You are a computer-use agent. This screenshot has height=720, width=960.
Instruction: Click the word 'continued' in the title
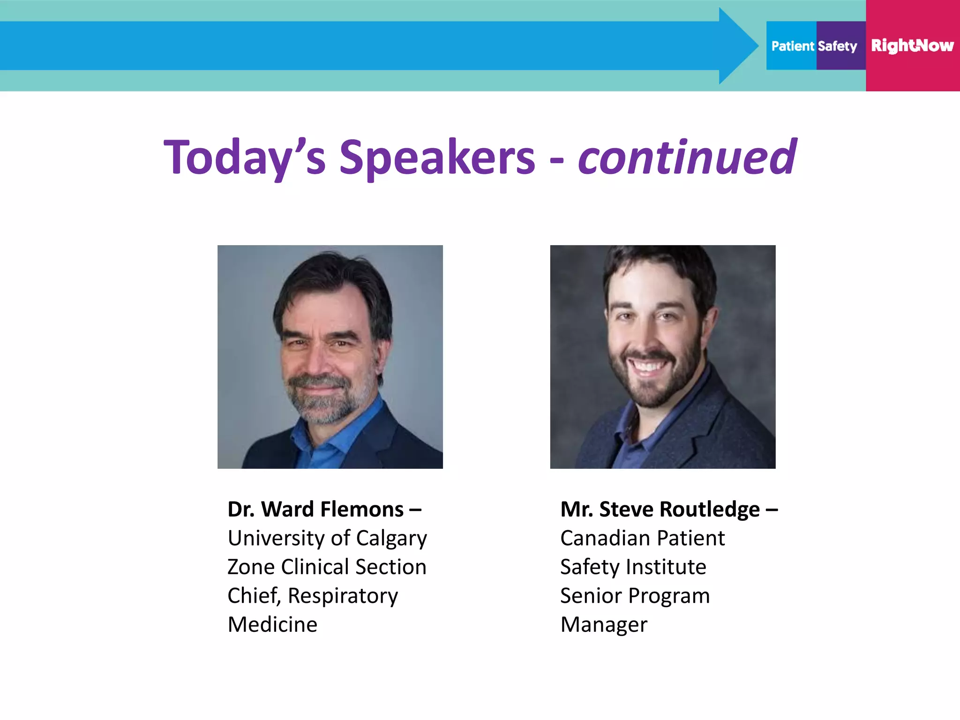tap(687, 157)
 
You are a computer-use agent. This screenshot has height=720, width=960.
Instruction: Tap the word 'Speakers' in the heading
tap(437, 158)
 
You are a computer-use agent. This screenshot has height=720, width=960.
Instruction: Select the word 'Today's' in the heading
tap(244, 158)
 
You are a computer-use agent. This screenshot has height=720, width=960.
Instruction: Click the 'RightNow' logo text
tap(912, 46)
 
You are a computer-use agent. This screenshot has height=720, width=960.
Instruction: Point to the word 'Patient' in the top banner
tap(793, 46)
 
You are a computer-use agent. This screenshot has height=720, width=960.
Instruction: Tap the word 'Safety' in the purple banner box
tap(837, 46)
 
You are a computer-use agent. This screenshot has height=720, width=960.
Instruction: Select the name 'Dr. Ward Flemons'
tap(315, 510)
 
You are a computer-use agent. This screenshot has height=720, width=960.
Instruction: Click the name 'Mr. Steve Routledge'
tap(660, 510)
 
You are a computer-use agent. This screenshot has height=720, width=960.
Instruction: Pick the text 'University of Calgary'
tap(327, 538)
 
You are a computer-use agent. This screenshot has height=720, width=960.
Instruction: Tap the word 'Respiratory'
tap(343, 596)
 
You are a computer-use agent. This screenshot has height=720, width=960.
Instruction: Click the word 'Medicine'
tap(272, 624)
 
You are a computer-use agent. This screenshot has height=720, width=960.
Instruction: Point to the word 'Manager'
tap(604, 624)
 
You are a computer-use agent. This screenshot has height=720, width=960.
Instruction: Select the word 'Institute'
tap(666, 567)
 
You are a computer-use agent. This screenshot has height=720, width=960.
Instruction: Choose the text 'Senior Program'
tap(635, 596)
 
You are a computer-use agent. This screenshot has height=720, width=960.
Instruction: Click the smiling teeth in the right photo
tap(647, 365)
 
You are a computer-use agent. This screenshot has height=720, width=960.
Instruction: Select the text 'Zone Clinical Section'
tap(327, 567)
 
